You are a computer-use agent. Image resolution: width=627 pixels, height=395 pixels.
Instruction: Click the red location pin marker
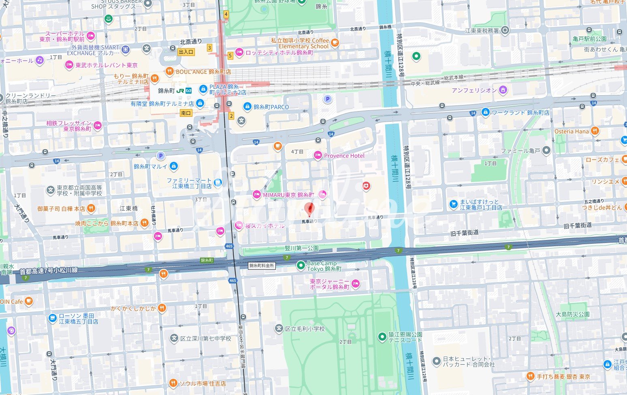click(x=309, y=209)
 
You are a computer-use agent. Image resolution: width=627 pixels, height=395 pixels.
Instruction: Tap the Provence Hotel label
click(x=344, y=156)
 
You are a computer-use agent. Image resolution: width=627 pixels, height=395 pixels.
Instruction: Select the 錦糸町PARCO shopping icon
click(x=247, y=107)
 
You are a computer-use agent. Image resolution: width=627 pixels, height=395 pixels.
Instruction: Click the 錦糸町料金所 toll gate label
click(x=262, y=266)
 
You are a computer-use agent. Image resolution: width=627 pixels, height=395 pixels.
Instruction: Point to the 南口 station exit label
click(x=186, y=113)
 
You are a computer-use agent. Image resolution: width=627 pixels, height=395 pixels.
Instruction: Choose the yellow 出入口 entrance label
click(x=186, y=52)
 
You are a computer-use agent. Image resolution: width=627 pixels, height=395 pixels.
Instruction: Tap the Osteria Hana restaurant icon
click(x=595, y=131)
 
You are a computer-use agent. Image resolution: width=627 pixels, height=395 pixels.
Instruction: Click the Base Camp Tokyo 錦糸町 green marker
click(x=301, y=266)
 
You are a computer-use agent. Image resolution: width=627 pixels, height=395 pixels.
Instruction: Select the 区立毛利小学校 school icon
click(x=279, y=328)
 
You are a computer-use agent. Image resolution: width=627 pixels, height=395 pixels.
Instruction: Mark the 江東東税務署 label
click(x=482, y=30)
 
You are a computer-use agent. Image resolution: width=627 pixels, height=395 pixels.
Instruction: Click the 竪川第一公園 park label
click(x=301, y=248)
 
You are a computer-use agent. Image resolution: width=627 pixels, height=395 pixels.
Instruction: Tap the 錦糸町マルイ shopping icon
click(x=174, y=166)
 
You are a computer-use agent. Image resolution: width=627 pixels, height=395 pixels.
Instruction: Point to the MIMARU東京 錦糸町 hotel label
click(x=288, y=195)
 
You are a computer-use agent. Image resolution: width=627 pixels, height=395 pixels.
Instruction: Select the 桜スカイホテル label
click(x=265, y=226)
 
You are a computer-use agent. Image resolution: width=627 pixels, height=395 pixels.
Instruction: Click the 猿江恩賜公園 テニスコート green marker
click(x=382, y=337)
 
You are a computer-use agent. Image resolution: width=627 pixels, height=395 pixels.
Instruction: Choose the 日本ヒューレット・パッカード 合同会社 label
click(x=469, y=361)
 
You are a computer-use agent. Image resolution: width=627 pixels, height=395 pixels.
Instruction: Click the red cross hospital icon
click(x=366, y=186)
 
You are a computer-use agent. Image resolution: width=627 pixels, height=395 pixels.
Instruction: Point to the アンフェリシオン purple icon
click(x=503, y=90)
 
